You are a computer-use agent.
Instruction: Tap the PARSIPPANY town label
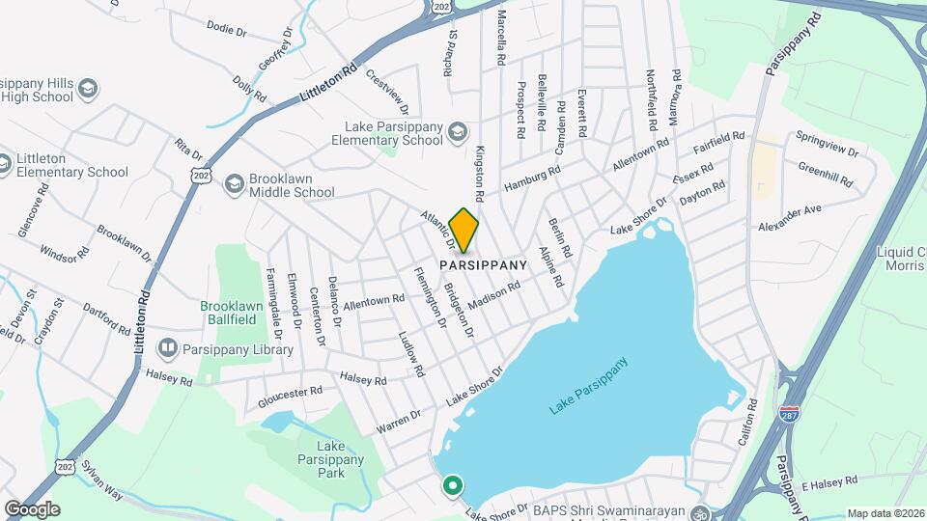point(484,264)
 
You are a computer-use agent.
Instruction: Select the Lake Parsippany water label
point(588,387)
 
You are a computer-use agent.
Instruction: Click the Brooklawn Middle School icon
point(234,183)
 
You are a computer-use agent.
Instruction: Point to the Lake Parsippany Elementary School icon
point(456,131)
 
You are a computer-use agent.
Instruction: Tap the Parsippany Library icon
point(168,347)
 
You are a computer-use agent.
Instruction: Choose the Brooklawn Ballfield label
point(233,312)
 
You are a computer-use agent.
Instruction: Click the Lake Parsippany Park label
point(329,460)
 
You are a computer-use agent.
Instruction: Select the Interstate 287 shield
point(791,414)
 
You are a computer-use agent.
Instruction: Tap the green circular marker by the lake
point(451,485)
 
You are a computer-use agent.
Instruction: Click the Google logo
point(31,508)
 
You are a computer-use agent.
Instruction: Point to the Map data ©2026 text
point(885,513)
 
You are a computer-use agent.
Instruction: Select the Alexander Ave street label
point(789,217)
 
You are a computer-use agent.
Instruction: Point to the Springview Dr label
point(827,144)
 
